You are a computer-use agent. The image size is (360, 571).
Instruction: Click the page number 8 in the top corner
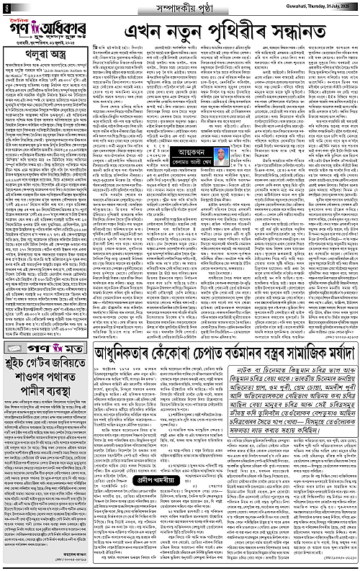tap(6, 8)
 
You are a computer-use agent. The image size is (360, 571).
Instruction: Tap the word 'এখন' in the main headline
tap(150, 33)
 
